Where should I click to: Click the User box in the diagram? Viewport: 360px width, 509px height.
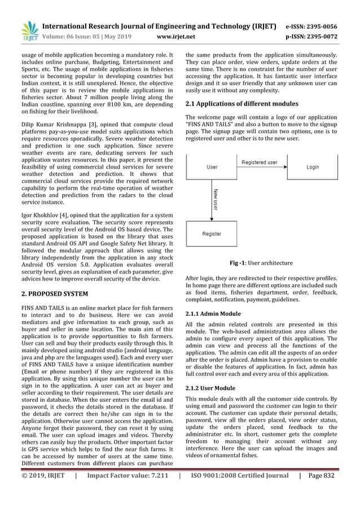tap(213, 168)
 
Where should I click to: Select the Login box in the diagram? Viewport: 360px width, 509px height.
tap(312, 168)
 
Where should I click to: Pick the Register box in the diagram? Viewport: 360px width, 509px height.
tap(213, 234)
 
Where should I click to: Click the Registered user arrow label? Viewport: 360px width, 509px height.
tap(260, 163)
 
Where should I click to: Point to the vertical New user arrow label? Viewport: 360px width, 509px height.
tap(216, 200)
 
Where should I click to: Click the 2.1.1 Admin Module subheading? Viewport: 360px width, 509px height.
tap(213, 313)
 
